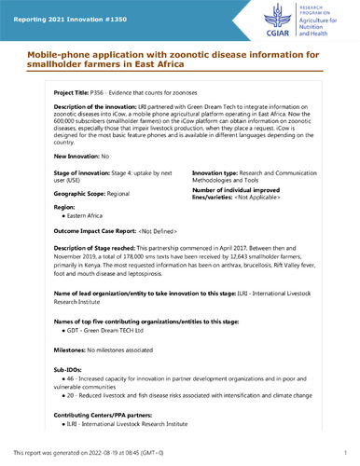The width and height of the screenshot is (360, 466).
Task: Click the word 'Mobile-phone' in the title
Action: coord(57,55)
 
